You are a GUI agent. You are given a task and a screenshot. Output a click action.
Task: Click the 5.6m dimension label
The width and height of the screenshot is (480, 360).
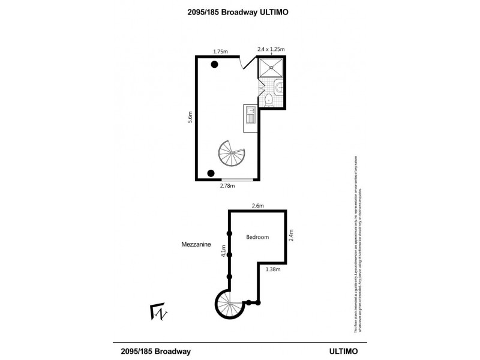[190, 118]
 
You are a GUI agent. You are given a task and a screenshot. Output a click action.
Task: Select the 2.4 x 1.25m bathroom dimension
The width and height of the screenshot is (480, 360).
[271, 49]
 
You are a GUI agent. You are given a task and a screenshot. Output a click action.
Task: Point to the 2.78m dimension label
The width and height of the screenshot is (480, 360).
[227, 186]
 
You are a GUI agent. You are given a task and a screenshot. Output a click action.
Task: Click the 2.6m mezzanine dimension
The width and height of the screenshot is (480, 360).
[258, 206]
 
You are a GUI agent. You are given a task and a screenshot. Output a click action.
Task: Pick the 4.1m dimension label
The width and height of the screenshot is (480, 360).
[224, 251]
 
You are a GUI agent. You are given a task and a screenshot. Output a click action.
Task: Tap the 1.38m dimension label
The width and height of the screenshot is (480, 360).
[274, 269]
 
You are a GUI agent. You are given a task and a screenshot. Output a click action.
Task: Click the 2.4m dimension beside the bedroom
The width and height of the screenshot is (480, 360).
[292, 234]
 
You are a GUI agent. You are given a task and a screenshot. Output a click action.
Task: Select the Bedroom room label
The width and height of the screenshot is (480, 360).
[257, 237]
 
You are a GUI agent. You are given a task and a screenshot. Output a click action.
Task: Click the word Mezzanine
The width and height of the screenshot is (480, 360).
[196, 244]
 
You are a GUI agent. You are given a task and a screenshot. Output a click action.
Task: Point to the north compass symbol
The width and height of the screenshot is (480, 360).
[159, 312]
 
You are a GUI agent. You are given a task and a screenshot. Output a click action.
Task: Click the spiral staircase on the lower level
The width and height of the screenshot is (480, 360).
[230, 154]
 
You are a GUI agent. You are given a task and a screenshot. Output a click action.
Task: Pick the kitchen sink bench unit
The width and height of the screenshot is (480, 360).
[250, 117]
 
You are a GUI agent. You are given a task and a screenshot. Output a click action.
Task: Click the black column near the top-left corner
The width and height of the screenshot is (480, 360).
[214, 65]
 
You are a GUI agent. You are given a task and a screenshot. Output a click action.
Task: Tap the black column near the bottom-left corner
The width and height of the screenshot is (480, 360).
[211, 173]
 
